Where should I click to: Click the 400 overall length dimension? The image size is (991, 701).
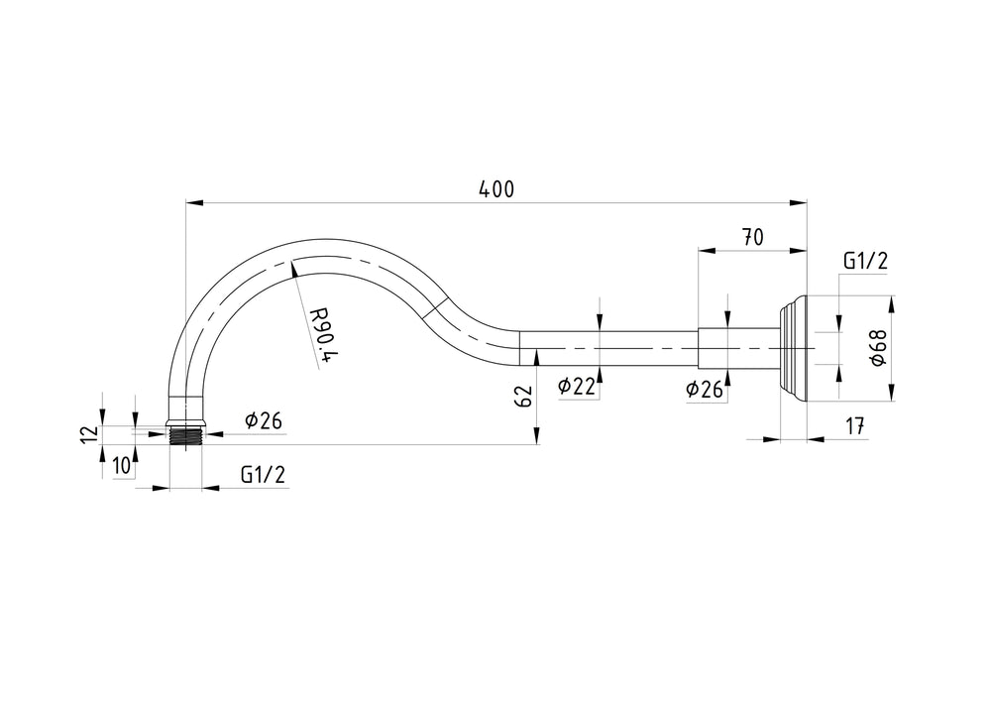[496, 189]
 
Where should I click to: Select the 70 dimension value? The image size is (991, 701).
[752, 237]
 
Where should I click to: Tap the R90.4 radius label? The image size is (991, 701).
[323, 335]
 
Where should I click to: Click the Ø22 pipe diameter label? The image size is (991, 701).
[577, 386]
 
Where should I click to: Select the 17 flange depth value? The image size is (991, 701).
[854, 426]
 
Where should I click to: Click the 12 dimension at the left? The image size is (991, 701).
[91, 434]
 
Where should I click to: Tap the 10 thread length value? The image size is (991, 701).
[122, 465]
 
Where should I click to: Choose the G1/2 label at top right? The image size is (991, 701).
[865, 261]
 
